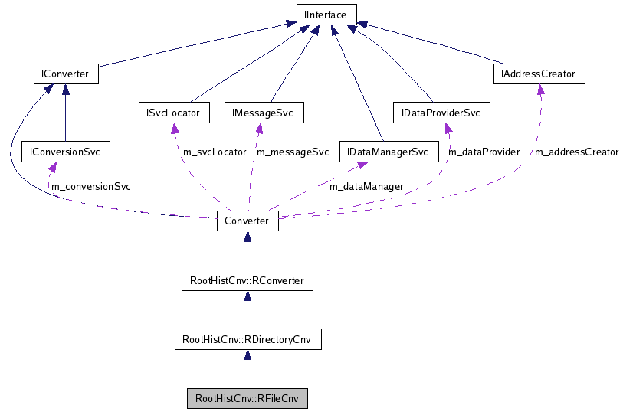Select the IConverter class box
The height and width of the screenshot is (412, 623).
(x=65, y=74)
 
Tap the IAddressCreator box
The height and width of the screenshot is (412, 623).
(x=539, y=74)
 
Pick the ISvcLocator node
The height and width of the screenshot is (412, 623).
(x=173, y=113)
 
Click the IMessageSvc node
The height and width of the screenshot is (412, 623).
(x=264, y=113)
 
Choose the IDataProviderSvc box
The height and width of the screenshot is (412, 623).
(x=441, y=113)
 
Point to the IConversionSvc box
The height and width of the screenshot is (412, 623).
(x=65, y=152)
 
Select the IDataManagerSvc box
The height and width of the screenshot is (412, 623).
(x=388, y=152)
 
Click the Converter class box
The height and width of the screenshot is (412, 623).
(x=247, y=221)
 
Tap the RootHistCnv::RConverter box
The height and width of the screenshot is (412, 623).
(x=247, y=280)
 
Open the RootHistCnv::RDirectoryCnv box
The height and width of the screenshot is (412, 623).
(x=247, y=338)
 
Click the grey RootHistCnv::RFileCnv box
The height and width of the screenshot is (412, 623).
(x=247, y=398)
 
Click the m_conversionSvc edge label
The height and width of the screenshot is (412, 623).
(x=90, y=186)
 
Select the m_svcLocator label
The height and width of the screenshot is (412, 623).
(x=215, y=152)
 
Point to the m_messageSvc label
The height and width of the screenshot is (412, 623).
(x=292, y=152)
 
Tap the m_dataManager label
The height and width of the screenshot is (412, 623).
(x=366, y=185)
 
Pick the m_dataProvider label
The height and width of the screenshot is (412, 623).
(x=484, y=152)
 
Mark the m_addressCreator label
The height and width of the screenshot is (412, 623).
(x=576, y=152)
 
